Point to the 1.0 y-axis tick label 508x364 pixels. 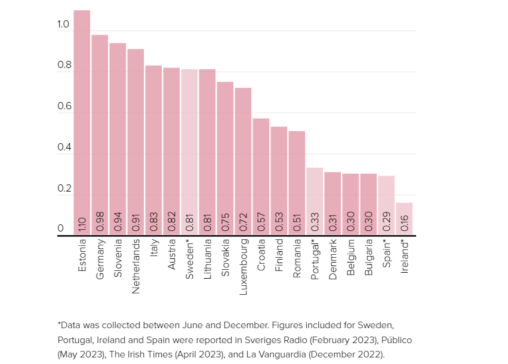pyautogui.click(x=64, y=24)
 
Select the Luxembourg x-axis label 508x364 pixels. pyautogui.click(x=243, y=267)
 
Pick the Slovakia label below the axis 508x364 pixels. pyautogui.click(x=225, y=258)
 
